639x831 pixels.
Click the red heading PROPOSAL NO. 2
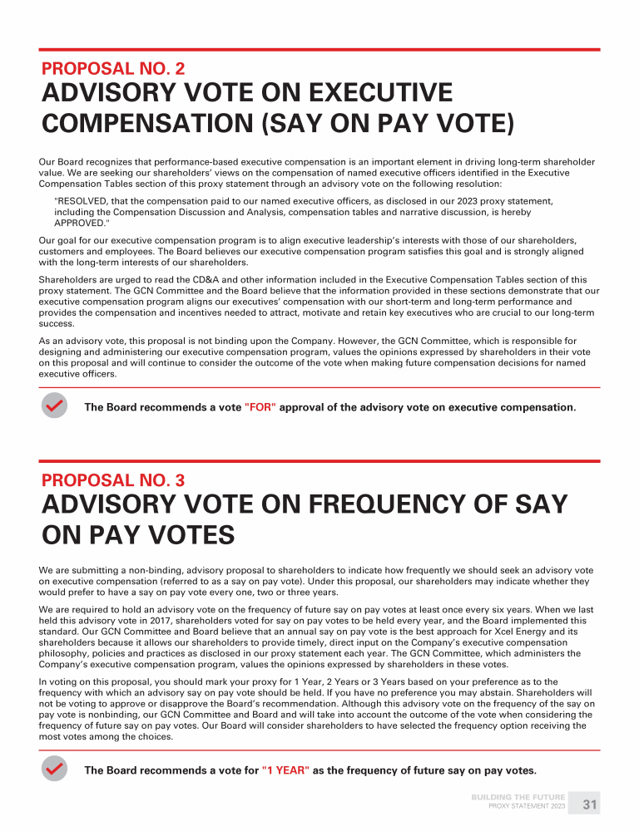pos(113,69)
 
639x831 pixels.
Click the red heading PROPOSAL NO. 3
pos(113,480)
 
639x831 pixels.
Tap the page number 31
pos(590,804)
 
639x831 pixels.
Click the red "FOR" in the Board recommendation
pos(260,407)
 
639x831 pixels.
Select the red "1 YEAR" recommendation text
pos(285,770)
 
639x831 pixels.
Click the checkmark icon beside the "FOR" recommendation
pos(54,406)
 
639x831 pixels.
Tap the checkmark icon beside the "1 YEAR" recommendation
pos(54,770)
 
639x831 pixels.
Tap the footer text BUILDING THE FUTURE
pos(518,798)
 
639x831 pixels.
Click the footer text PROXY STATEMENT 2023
pos(527,807)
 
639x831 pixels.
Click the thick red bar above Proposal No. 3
pos(319,461)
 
